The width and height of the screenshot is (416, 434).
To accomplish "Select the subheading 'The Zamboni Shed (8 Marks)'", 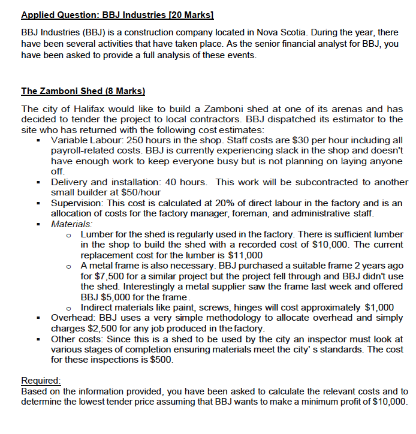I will (x=83, y=91).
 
